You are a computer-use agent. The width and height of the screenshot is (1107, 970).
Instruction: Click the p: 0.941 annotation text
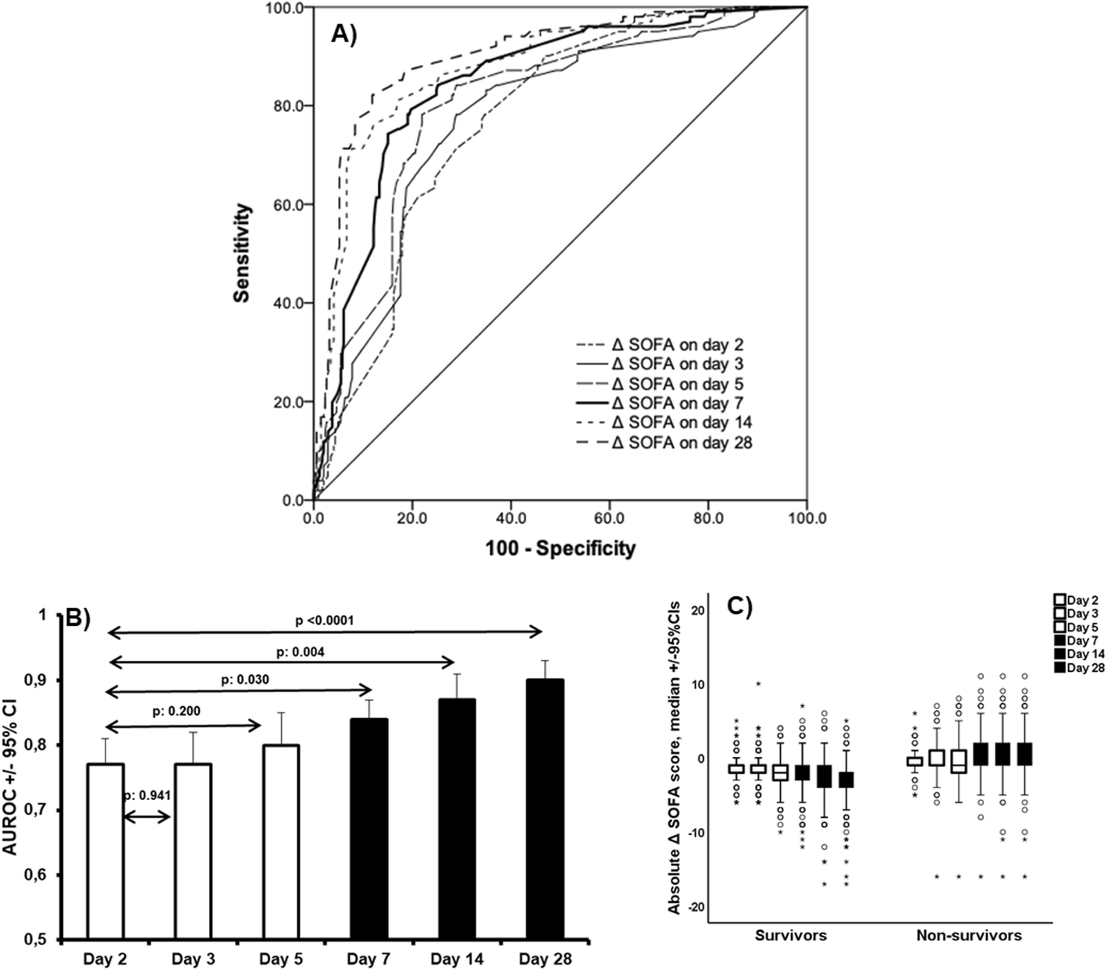click(148, 796)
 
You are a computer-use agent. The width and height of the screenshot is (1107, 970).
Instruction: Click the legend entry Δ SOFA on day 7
click(677, 403)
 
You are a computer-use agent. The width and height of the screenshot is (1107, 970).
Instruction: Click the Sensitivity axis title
click(244, 254)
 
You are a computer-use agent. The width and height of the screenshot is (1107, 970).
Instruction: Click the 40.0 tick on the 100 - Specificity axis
click(511, 517)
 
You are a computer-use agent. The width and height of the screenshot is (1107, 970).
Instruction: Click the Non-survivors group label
click(969, 936)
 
